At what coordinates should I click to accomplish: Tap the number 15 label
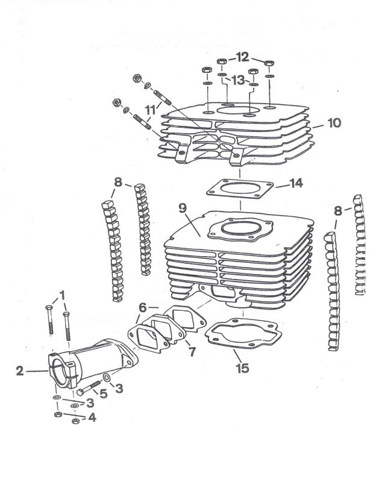242,368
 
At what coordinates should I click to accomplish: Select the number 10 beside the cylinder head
334,123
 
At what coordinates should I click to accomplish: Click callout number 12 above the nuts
243,58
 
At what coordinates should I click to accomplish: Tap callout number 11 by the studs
149,111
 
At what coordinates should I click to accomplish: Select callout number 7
190,351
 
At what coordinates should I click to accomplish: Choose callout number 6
143,308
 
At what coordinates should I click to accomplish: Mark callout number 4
92,418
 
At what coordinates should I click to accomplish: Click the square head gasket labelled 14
241,189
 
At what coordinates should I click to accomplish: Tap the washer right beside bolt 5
107,378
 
